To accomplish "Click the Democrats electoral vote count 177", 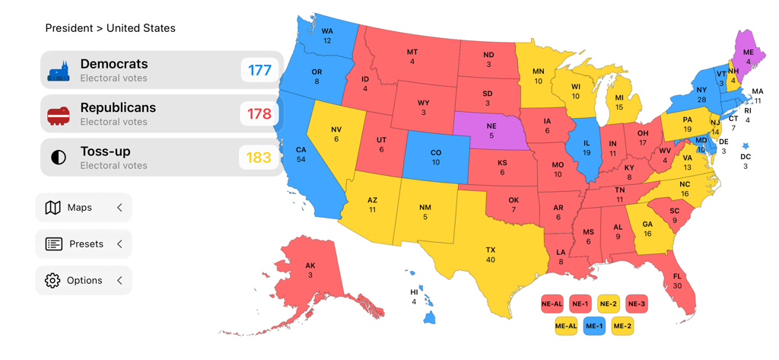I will (259, 71).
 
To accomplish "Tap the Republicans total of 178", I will (259, 114).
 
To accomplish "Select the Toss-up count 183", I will (259, 158).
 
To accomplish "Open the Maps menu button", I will (84, 208).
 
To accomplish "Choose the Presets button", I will (84, 244).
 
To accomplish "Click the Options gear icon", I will (52, 281).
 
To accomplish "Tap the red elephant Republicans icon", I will (59, 115).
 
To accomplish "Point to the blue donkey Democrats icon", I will (59, 72).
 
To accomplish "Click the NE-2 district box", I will (609, 304).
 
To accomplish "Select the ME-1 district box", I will (594, 327).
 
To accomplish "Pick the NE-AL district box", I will (552, 304).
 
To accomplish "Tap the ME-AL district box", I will (566, 327).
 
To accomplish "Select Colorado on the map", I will (435, 157).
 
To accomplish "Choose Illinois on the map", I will (586, 148).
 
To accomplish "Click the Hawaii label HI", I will (415, 292).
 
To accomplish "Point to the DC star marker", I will (746, 146).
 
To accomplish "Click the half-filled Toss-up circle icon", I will (59, 158).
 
